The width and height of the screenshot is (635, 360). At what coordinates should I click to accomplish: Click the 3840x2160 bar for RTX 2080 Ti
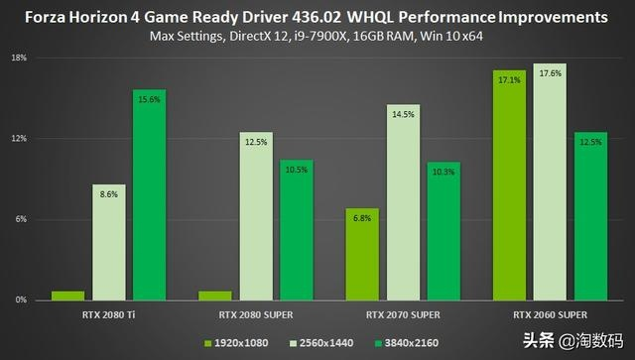click(149, 194)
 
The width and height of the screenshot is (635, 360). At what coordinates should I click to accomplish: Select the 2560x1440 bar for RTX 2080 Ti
click(109, 242)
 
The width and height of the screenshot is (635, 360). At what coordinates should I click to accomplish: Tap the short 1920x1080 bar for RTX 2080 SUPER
click(216, 296)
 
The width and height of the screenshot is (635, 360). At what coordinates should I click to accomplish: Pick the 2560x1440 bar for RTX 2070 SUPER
click(404, 202)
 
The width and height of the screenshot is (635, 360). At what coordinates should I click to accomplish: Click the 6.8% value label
click(362, 218)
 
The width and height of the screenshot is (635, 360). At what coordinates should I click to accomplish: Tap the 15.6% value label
click(149, 99)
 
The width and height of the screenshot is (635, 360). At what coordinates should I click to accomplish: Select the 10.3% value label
click(444, 172)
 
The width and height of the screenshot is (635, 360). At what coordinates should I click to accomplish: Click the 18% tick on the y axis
click(20, 59)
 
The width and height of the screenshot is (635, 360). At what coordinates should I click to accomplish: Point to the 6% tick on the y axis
click(21, 219)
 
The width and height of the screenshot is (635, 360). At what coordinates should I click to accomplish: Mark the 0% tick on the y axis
click(21, 300)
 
